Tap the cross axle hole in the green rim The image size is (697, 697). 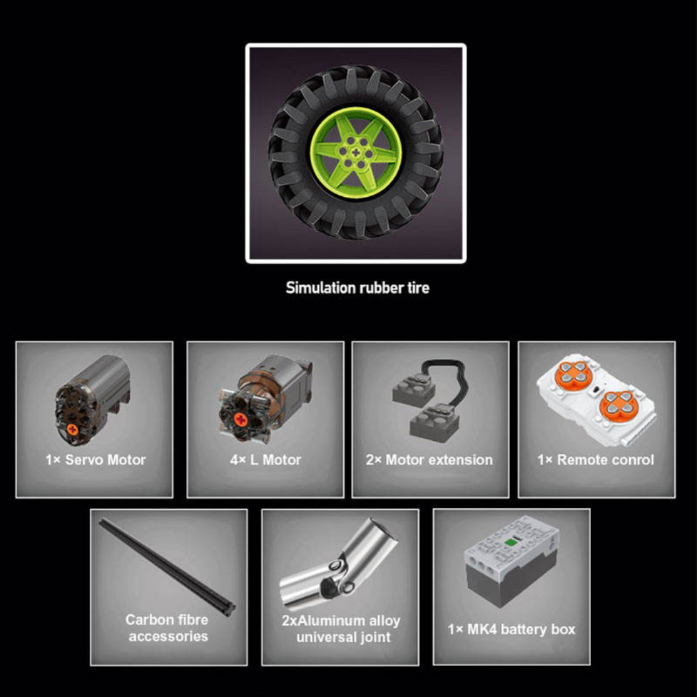(x=356, y=153)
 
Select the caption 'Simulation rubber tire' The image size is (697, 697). (x=358, y=288)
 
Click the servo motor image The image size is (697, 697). (x=92, y=400)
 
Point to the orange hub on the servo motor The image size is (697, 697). (x=72, y=429)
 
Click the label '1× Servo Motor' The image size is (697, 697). (x=95, y=460)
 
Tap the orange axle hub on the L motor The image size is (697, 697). (x=241, y=419)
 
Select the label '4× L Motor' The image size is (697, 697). (x=265, y=460)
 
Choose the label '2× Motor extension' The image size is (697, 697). (x=429, y=460)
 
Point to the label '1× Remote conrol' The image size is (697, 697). (x=596, y=460)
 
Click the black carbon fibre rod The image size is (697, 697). (x=167, y=567)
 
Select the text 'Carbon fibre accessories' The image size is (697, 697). (x=167, y=628)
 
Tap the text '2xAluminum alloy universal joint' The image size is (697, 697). (x=341, y=629)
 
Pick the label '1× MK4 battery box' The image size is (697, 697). (x=512, y=629)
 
